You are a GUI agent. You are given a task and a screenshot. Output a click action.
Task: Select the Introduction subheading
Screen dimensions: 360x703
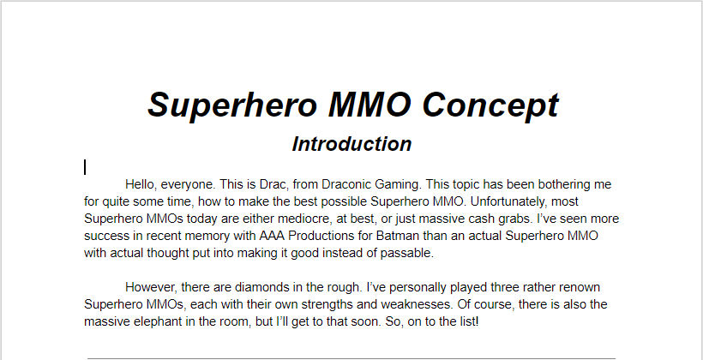[x=351, y=144]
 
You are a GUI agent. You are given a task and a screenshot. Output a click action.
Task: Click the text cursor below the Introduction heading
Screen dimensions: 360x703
[x=85, y=167]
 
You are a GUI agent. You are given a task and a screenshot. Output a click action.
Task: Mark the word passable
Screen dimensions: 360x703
[x=406, y=253]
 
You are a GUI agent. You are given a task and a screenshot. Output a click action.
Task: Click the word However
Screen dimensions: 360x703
[x=153, y=287]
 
